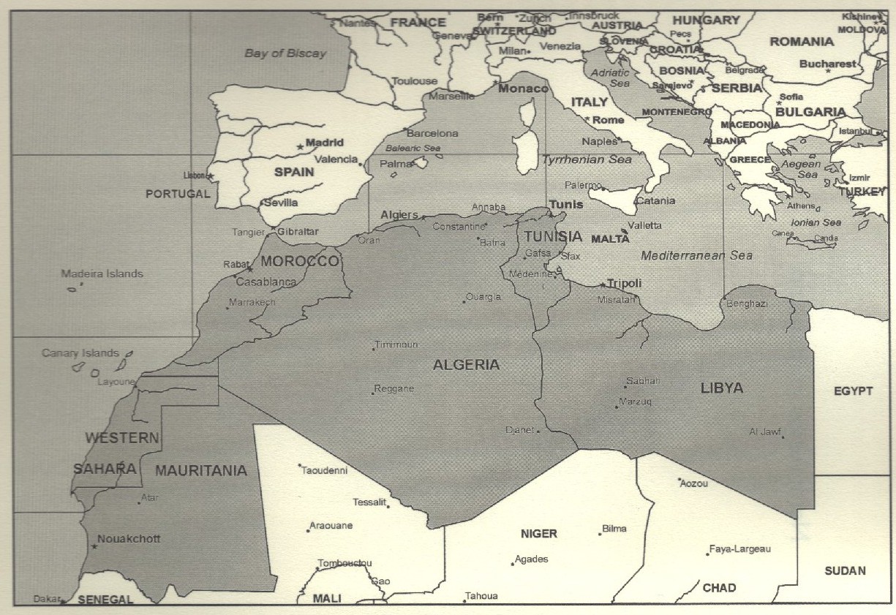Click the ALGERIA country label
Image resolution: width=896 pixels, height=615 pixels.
point(466,365)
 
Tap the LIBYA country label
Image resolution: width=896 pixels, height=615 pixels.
point(721,388)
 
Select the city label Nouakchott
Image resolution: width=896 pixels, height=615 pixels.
point(129,539)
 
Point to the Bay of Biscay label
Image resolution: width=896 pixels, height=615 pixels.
point(285,53)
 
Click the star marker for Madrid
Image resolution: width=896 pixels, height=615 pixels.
point(300,147)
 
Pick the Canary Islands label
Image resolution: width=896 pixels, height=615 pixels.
point(80,353)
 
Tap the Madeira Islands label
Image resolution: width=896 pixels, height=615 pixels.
point(102,274)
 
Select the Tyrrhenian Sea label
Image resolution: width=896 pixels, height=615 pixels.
point(587,159)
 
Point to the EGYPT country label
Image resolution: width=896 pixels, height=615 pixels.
point(853,391)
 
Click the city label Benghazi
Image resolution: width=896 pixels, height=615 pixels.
point(747,303)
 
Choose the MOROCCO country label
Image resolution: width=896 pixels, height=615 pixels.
point(300,261)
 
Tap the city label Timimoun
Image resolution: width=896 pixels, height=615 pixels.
point(396,344)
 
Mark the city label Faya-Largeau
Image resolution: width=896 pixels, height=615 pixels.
point(740,548)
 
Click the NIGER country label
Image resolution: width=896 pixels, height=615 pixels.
point(538,534)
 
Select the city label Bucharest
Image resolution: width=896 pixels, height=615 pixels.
point(827,64)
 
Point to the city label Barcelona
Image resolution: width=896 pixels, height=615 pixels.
point(432,133)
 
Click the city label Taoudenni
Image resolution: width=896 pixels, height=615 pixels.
point(324,470)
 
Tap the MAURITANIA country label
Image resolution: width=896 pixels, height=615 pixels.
point(200,471)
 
